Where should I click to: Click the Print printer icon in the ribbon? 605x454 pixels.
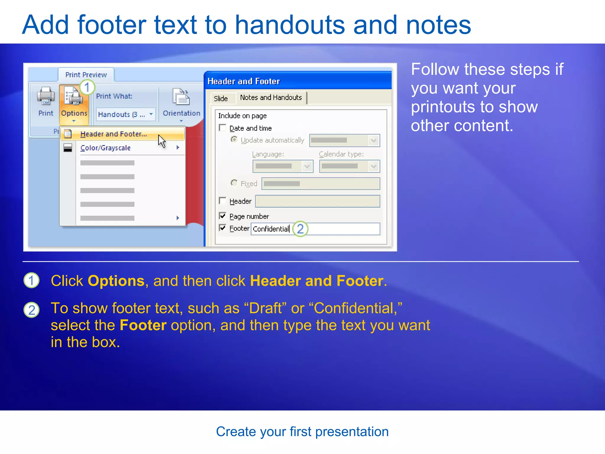(x=45, y=96)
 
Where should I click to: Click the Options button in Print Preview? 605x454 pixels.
(x=74, y=103)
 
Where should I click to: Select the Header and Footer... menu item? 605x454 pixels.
(x=113, y=134)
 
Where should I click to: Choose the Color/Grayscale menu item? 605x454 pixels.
(x=105, y=148)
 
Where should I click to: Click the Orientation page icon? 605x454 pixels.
(x=181, y=97)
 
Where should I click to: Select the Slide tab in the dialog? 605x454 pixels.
(x=221, y=98)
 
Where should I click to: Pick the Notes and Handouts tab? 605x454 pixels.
(x=271, y=98)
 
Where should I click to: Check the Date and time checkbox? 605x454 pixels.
(x=222, y=128)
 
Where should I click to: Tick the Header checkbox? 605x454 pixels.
(x=222, y=201)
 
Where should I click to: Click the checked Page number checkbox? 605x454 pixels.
(x=222, y=216)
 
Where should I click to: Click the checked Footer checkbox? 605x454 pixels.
(x=222, y=228)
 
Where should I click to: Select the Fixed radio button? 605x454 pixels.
(x=234, y=183)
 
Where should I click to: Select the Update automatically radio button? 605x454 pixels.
(x=234, y=139)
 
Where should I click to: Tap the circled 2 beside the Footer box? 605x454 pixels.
(x=300, y=229)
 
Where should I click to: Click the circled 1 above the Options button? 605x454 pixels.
(x=87, y=87)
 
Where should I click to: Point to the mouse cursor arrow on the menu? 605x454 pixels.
(x=161, y=140)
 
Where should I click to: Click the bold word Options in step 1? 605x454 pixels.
(x=116, y=281)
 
